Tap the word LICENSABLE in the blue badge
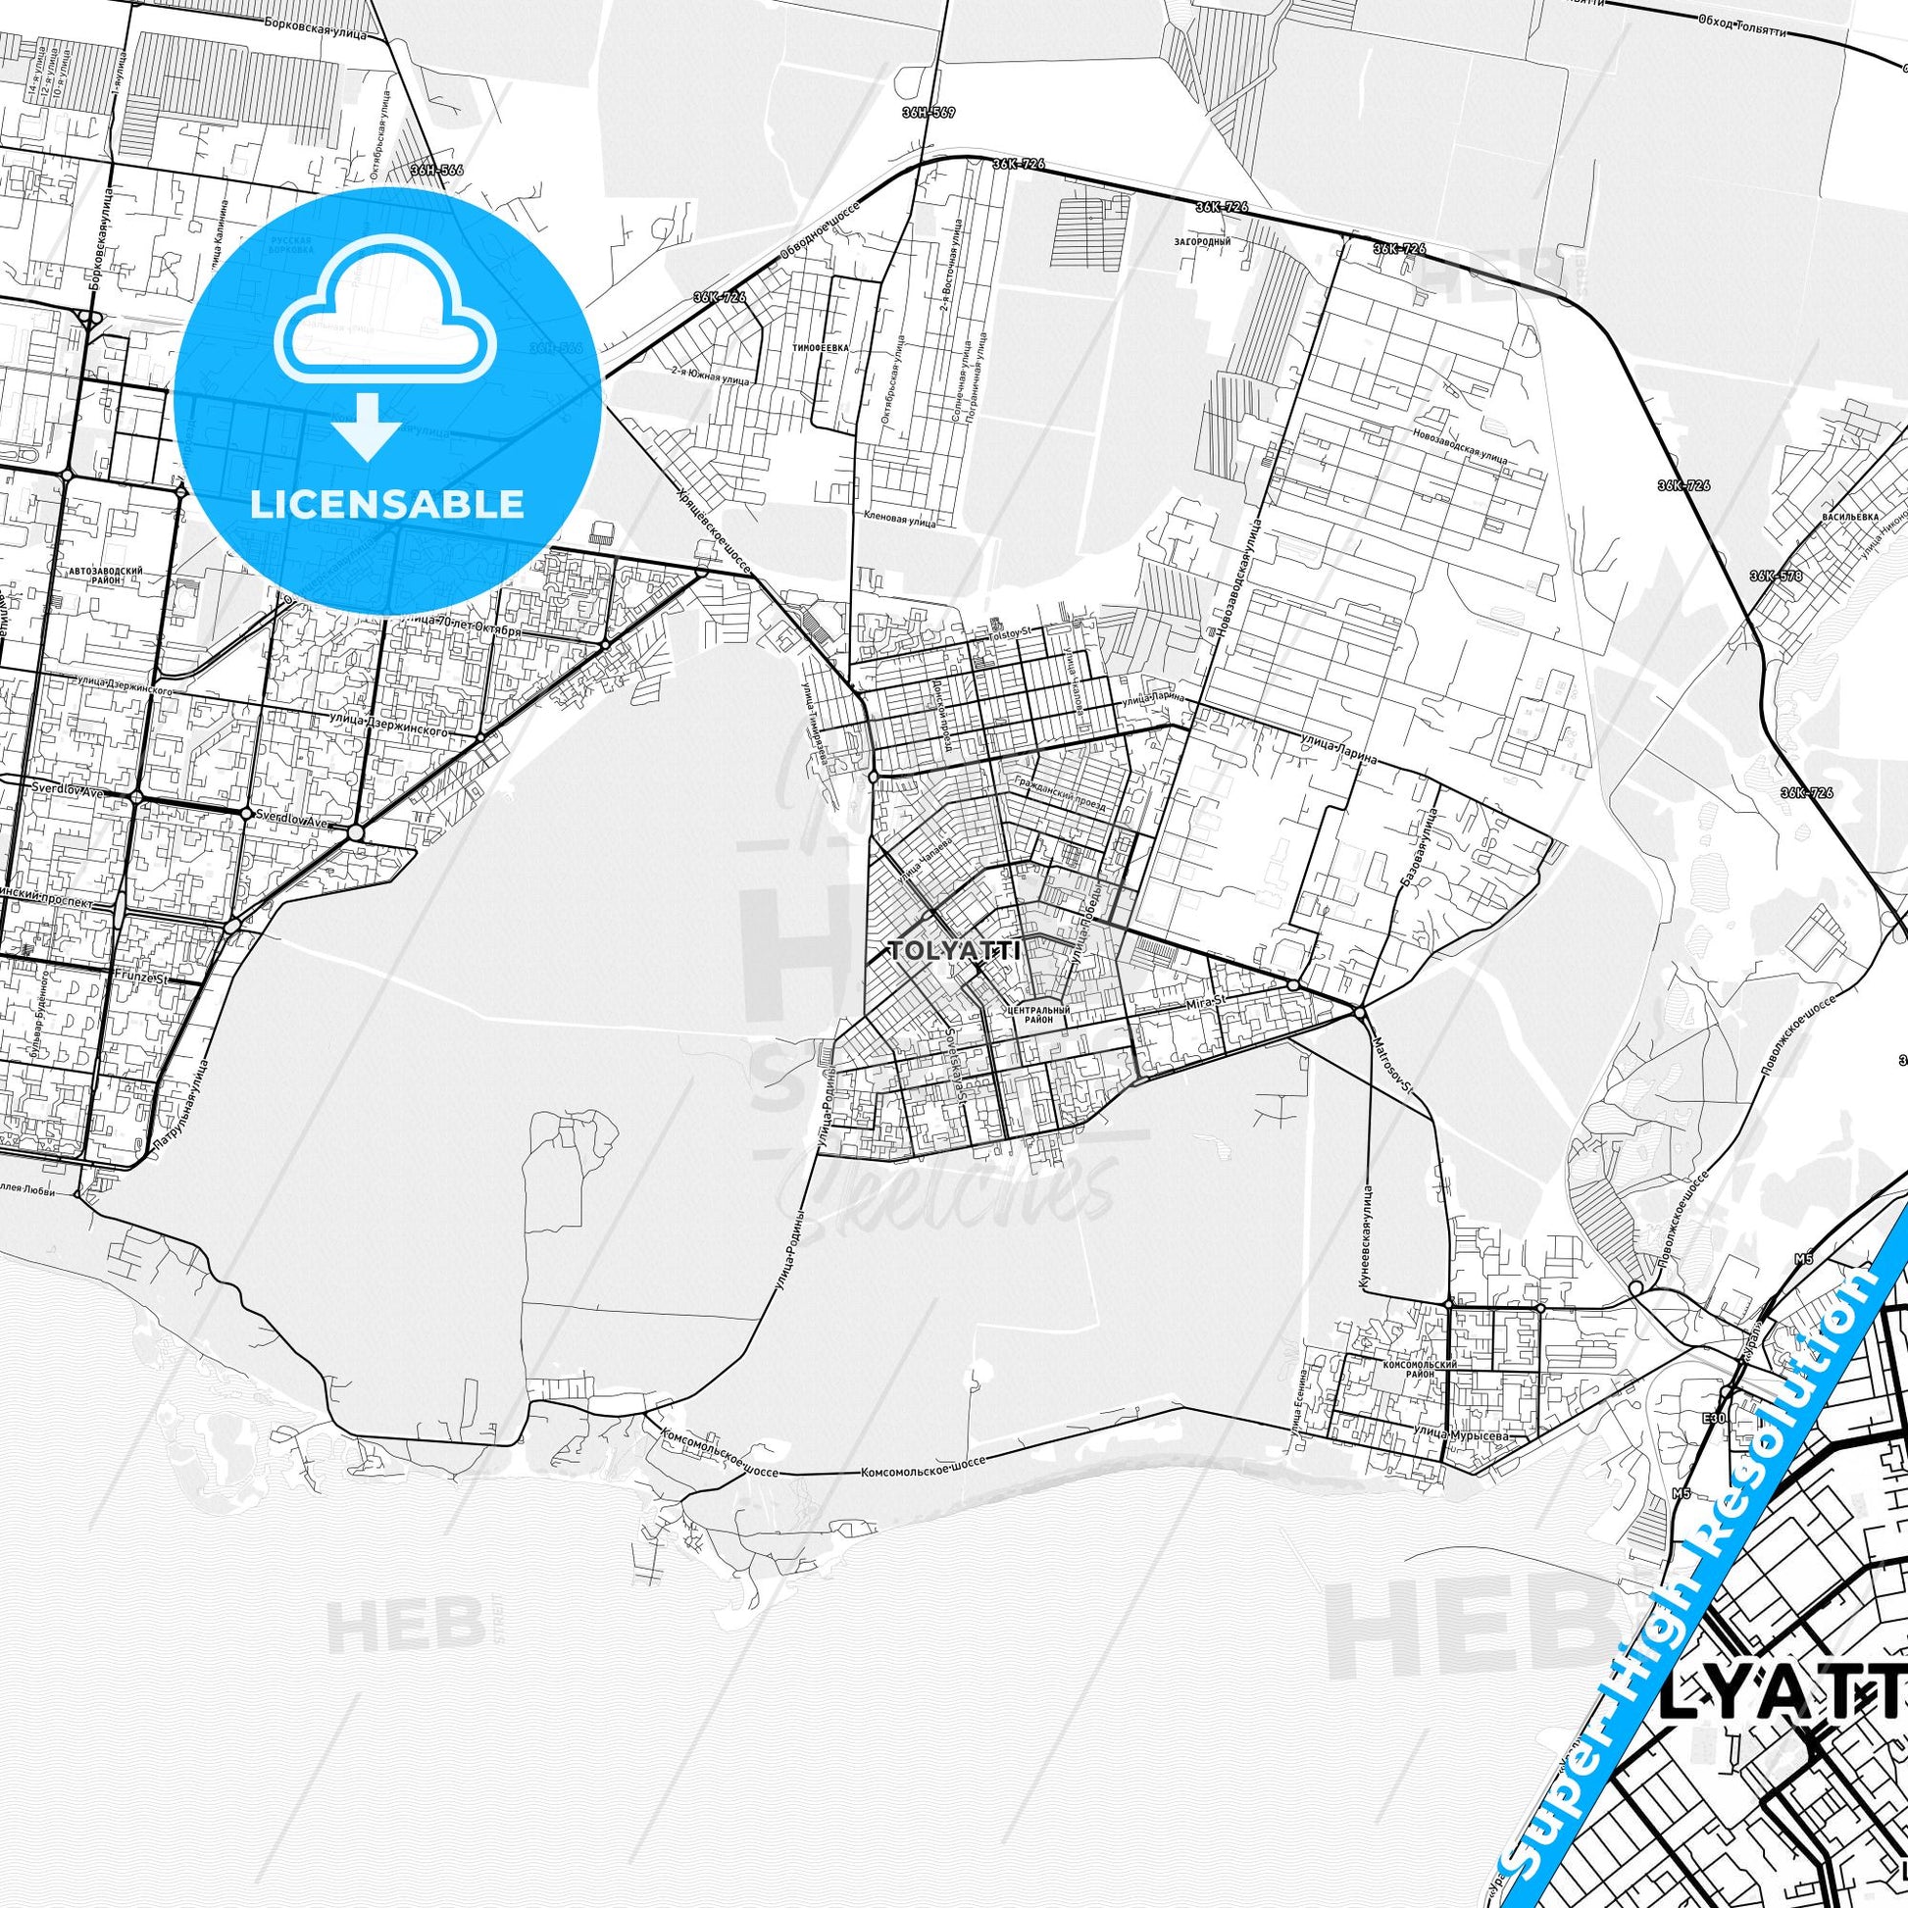(387, 504)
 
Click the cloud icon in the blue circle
(387, 322)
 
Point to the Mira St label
(1205, 1001)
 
